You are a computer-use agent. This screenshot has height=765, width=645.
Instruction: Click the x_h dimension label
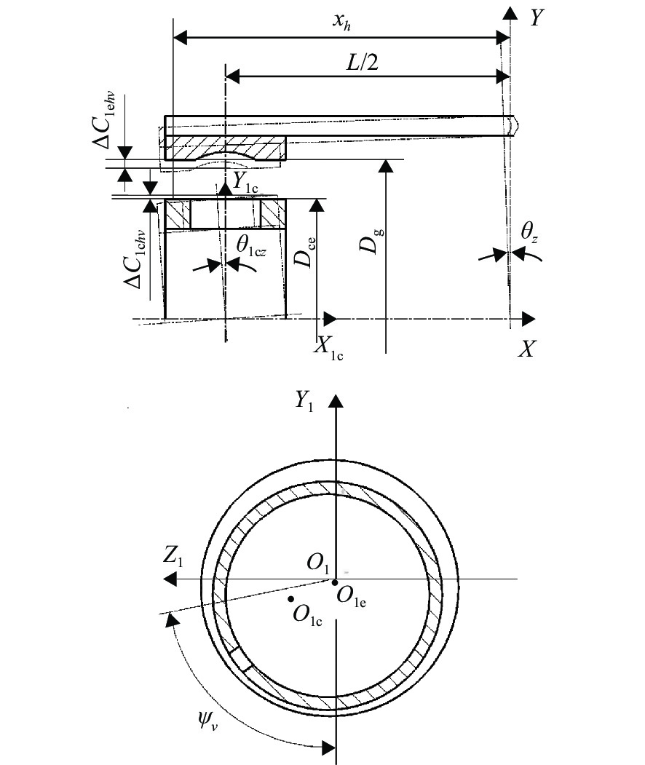coord(341,22)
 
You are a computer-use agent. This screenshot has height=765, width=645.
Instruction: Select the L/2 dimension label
coord(362,63)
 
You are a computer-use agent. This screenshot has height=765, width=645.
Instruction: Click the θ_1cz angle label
coord(251,245)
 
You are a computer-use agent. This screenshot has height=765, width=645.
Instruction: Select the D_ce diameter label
coord(304,253)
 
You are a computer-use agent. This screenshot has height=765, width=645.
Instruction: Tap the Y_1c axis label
coord(245,183)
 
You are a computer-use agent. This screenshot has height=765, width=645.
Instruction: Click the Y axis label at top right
coord(537,18)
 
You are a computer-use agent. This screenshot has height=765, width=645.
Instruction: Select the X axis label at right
coord(527,349)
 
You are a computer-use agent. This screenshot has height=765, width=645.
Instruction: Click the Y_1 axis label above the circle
coord(304,402)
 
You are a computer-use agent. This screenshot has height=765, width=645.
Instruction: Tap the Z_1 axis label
coord(173,557)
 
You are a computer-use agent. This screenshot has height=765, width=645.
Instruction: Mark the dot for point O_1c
coord(291,598)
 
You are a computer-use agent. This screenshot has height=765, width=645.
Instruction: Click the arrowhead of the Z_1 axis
coord(170,579)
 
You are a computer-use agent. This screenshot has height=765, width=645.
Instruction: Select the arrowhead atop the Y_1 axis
coord(336,401)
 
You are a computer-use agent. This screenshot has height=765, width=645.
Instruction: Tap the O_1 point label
coord(319,563)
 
